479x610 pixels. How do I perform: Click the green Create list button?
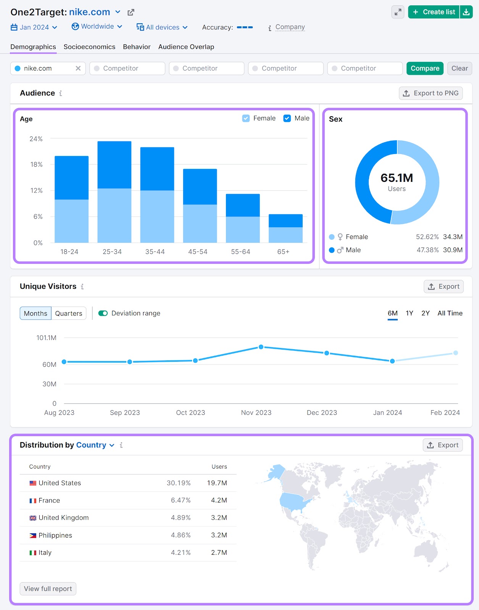(x=434, y=12)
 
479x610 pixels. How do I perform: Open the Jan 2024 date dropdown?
(x=34, y=27)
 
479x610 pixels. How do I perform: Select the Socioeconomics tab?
(x=89, y=47)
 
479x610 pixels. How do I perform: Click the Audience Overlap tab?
(x=186, y=47)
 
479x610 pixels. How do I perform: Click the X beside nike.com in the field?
(x=78, y=68)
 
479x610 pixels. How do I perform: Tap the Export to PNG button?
(x=431, y=93)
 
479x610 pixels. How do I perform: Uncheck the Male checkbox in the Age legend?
(x=287, y=119)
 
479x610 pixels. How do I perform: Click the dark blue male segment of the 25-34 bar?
(x=115, y=165)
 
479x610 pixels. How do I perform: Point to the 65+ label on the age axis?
(x=283, y=252)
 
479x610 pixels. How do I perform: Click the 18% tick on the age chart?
(x=36, y=165)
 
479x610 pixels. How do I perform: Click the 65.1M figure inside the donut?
(x=397, y=178)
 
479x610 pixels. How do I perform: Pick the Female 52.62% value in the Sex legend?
(x=427, y=237)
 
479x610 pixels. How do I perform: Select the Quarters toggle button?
(x=69, y=313)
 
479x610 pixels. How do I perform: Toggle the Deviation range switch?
(x=103, y=313)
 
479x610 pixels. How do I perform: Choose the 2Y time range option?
(x=425, y=313)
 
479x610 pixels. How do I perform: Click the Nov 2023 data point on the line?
(x=261, y=347)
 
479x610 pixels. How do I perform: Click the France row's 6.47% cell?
(x=181, y=500)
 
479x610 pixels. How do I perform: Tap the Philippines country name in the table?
(x=55, y=535)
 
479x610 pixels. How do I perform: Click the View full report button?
(x=48, y=589)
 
